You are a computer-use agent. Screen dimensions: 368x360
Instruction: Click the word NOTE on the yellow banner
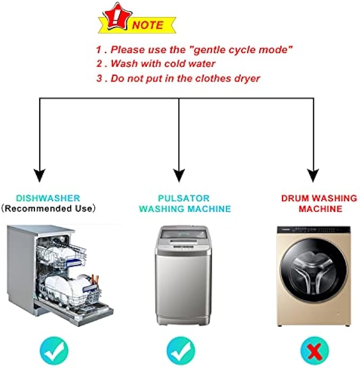pos(148,25)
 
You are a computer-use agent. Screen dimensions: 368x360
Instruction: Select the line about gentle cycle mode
pos(194,50)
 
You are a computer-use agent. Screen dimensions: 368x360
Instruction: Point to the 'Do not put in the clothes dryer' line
pos(178,79)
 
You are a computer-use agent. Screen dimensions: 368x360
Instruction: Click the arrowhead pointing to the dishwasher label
pos(40,174)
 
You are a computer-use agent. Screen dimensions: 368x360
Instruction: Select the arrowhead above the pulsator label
pos(179,174)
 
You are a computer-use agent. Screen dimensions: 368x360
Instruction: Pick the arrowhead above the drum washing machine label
pos(314,174)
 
